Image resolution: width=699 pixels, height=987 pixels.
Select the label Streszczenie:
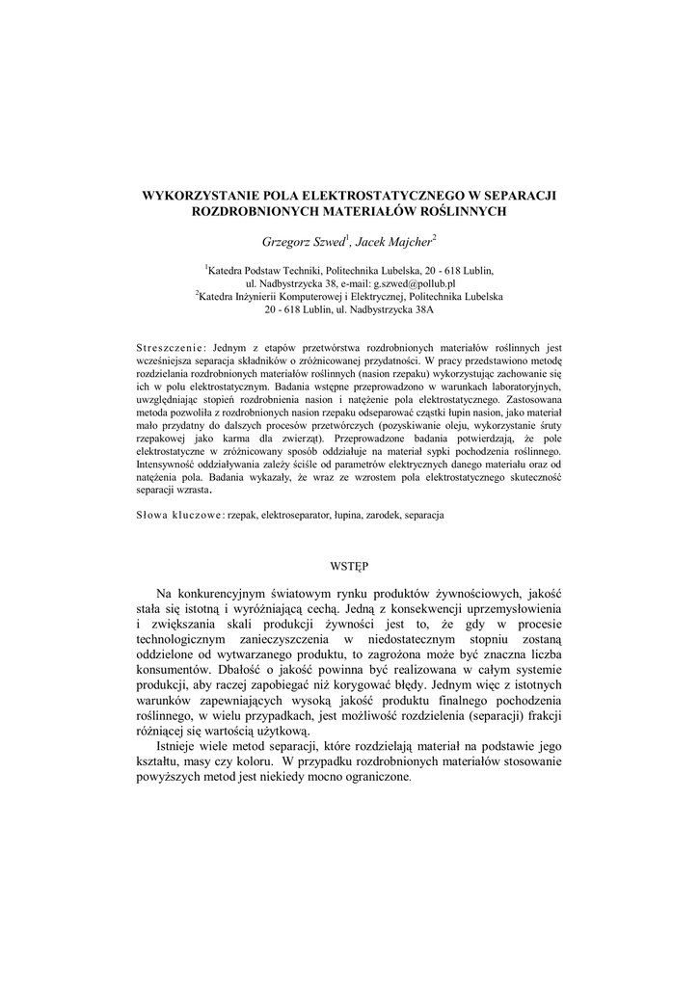[173, 346]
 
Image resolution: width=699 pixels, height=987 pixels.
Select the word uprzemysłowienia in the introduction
[519, 610]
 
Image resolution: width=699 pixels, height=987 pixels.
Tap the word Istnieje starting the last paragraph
[184, 749]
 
